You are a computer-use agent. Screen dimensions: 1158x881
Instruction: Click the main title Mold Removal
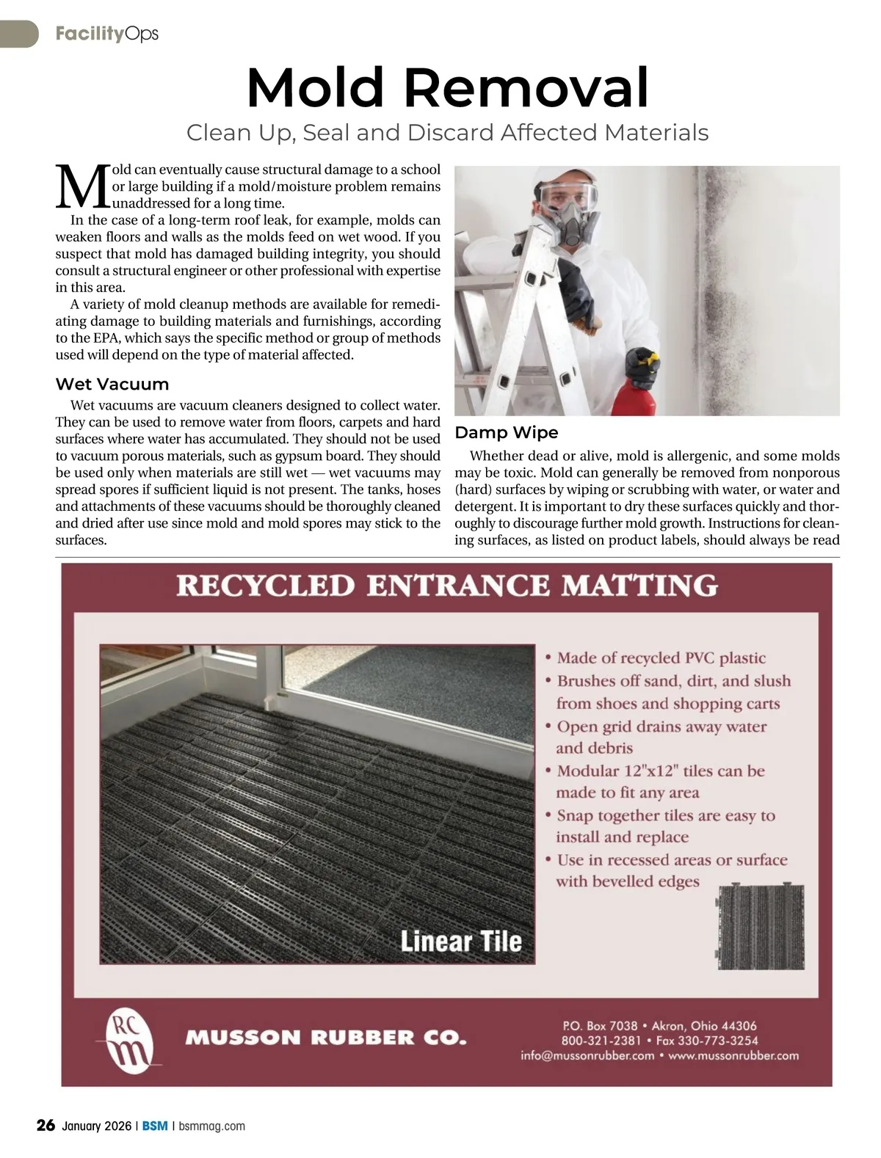pos(448,88)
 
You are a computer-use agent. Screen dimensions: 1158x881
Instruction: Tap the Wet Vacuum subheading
pos(112,384)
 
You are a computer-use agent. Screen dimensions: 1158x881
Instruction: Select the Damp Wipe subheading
pos(507,432)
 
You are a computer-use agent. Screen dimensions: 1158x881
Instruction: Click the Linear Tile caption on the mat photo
pos(461,941)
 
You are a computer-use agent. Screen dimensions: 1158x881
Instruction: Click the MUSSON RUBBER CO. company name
pos(326,1038)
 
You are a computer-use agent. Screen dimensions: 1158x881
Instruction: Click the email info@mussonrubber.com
pos(587,1056)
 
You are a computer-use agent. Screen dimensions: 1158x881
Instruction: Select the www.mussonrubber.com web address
pos(733,1056)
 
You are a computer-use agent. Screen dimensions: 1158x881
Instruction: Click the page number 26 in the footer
pos(46,1126)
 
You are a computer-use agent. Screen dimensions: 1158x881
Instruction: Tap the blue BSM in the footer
pos(155,1126)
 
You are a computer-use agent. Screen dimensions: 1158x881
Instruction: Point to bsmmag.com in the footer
pos(212,1126)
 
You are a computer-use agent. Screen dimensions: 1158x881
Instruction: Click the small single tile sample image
pos(759,927)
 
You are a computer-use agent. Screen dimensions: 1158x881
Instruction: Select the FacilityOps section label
pos(106,34)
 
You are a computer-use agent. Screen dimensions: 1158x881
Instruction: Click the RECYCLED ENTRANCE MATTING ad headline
pos(447,586)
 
